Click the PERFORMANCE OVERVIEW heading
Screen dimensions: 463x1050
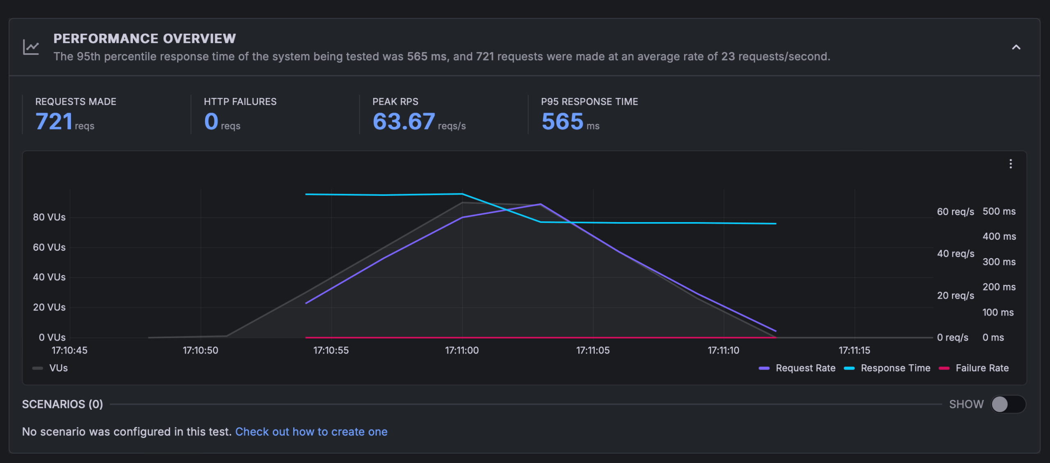(144, 39)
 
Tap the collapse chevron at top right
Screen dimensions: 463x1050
(1016, 47)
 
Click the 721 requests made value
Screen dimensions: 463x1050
(54, 121)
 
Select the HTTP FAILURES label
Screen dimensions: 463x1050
(240, 102)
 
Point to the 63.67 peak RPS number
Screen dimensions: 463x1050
(404, 121)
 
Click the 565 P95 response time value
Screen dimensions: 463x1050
(562, 121)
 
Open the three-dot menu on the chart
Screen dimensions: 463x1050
(1010, 164)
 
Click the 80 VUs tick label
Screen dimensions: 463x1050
(49, 217)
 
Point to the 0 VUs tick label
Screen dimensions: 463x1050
(52, 337)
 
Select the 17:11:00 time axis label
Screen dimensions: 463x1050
(462, 350)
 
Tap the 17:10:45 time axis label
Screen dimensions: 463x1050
(69, 350)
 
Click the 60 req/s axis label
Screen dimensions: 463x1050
(955, 211)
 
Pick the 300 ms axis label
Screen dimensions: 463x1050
(999, 261)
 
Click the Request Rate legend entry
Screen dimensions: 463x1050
(797, 368)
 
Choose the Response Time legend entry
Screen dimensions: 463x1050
(888, 368)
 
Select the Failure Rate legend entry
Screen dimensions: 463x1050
(974, 368)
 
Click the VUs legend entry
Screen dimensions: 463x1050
(51, 368)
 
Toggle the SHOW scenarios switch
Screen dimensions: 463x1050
(1008, 404)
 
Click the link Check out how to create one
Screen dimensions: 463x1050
(311, 431)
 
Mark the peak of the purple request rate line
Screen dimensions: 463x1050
(541, 204)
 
